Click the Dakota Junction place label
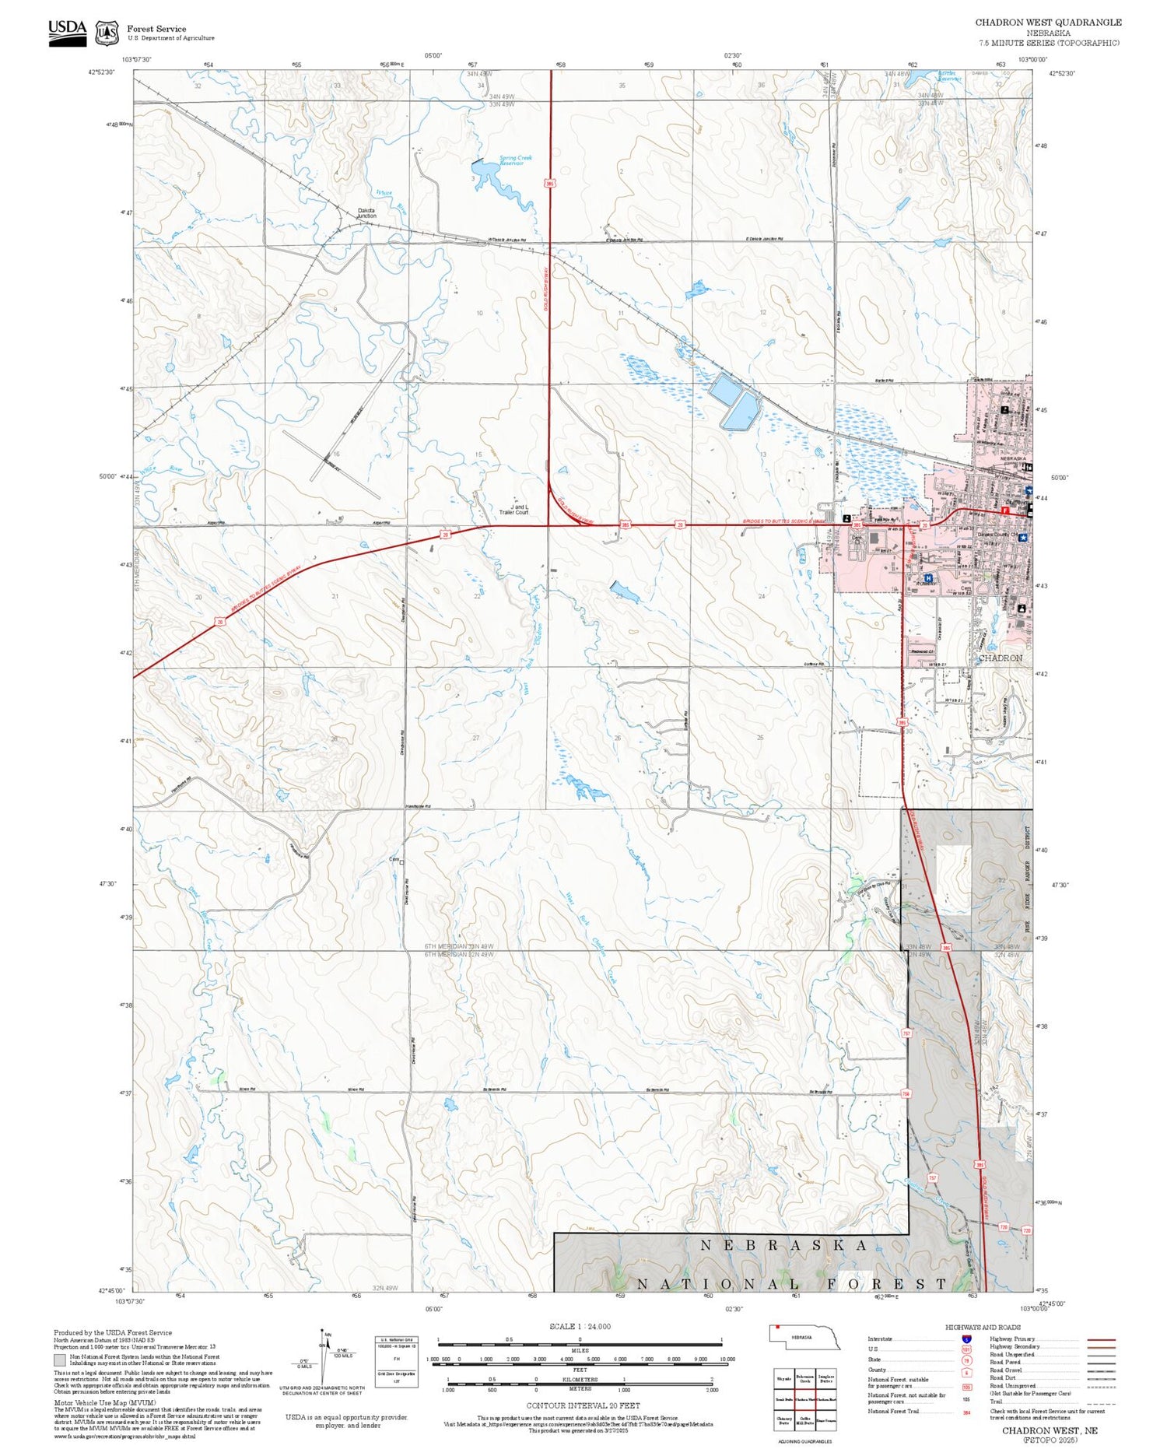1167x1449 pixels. click(366, 212)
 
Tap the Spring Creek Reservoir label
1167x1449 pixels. click(511, 161)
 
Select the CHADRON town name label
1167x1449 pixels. click(1000, 658)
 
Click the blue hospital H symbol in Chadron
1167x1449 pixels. click(928, 578)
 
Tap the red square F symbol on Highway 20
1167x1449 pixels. click(1004, 511)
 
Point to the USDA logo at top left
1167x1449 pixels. click(68, 32)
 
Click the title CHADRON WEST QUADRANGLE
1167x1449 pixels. click(1048, 23)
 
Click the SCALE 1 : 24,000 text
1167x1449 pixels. click(580, 1327)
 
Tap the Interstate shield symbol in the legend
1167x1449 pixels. click(966, 1339)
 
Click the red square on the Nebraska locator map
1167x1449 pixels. click(777, 1328)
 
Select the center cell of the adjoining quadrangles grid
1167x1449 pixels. click(804, 1400)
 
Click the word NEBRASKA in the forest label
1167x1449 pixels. click(783, 1245)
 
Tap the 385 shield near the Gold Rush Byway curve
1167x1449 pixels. click(624, 525)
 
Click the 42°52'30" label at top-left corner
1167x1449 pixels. click(100, 72)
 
